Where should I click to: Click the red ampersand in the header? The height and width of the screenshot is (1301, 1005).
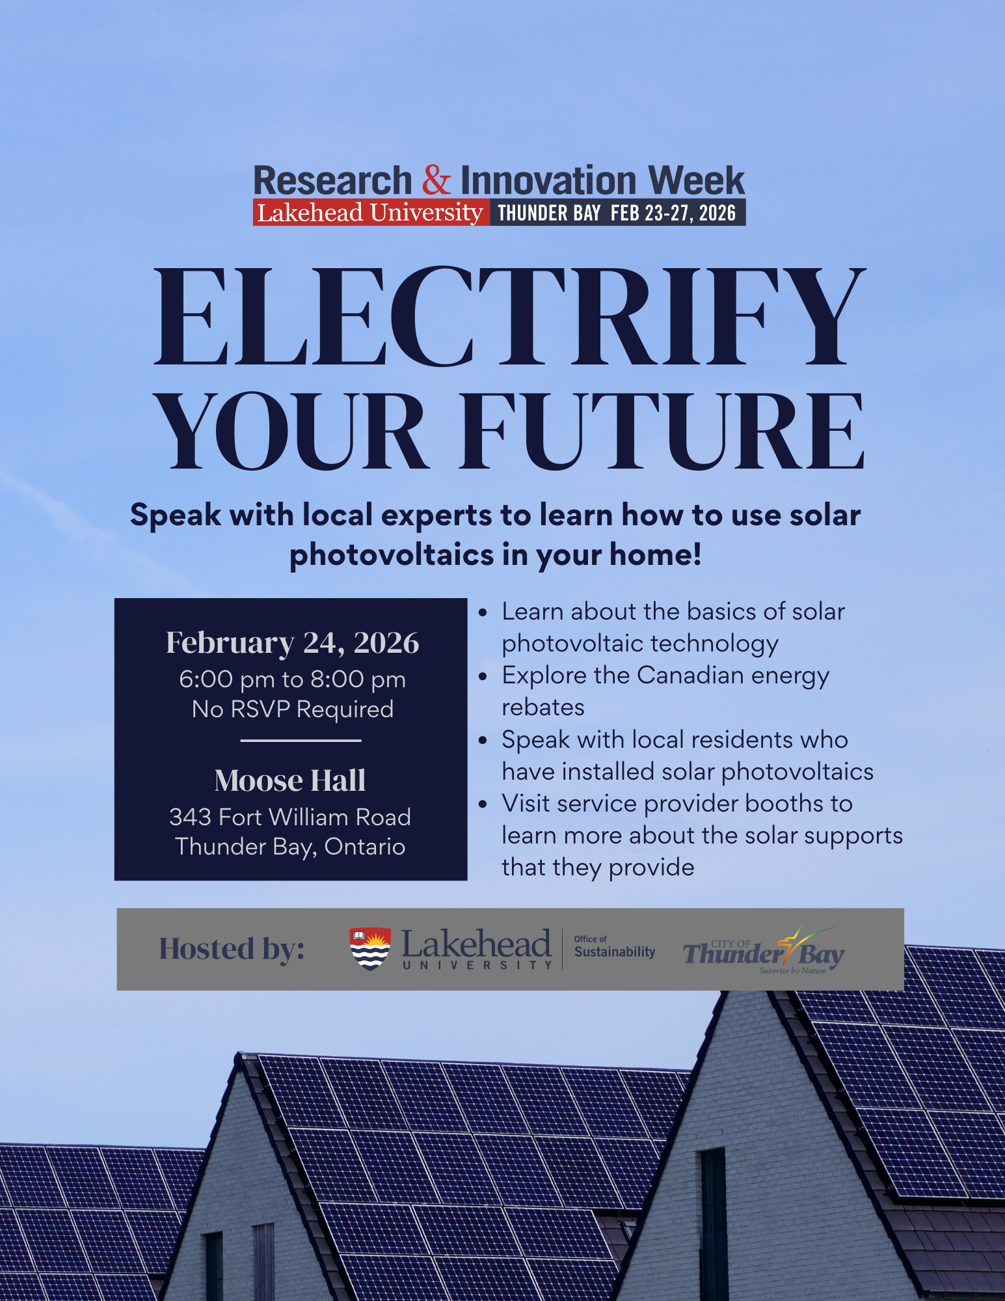pyautogui.click(x=436, y=180)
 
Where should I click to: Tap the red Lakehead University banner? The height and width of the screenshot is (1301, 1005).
pyautogui.click(x=370, y=213)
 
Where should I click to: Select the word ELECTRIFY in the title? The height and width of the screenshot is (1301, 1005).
pyautogui.click(x=510, y=317)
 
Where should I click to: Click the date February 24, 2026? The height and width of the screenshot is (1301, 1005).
pyautogui.click(x=292, y=643)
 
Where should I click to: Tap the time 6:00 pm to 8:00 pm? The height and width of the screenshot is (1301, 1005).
pyautogui.click(x=292, y=679)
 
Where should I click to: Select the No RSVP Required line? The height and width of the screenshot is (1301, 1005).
pyautogui.click(x=292, y=709)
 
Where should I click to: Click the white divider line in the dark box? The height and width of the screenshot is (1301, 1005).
pyautogui.click(x=301, y=741)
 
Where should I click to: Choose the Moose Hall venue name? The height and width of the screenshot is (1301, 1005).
pyautogui.click(x=290, y=780)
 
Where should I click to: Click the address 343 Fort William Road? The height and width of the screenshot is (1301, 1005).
pyautogui.click(x=290, y=817)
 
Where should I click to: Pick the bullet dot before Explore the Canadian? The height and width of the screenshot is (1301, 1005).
pyautogui.click(x=483, y=677)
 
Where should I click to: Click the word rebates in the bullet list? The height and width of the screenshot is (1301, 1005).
pyautogui.click(x=543, y=707)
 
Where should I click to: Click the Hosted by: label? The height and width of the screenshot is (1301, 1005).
pyautogui.click(x=232, y=949)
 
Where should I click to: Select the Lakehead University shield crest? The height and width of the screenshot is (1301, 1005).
pyautogui.click(x=370, y=949)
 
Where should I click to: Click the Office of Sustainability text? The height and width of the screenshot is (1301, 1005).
pyautogui.click(x=614, y=948)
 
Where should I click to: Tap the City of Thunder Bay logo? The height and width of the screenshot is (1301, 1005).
pyautogui.click(x=764, y=952)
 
